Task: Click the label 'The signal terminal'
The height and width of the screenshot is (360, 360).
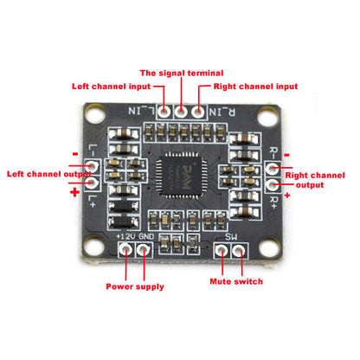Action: pos(181,72)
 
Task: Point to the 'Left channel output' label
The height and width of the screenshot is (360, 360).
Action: pos(39,173)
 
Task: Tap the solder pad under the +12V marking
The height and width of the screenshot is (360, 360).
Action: pos(126,251)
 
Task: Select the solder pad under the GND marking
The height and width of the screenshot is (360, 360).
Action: pos(144,251)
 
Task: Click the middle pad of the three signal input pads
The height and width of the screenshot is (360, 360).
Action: pos(181,110)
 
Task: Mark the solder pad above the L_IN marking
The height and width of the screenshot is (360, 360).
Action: pos(164,110)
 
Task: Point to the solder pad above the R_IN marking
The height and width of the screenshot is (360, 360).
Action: pos(199,110)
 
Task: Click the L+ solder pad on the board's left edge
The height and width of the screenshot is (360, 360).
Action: pos(90,183)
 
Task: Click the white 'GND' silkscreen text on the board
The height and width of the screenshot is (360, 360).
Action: pos(145,236)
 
